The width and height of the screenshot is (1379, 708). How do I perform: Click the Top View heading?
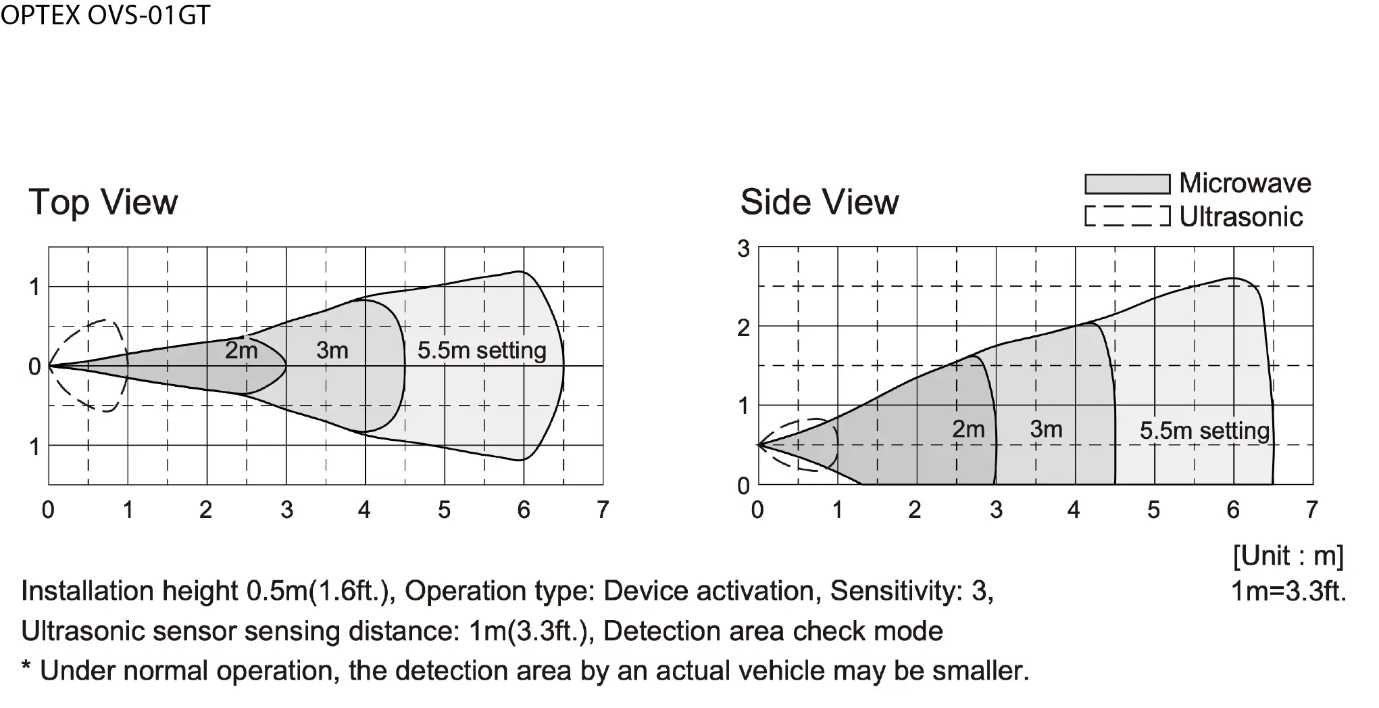pos(103,203)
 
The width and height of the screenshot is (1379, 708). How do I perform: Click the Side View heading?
pos(820,202)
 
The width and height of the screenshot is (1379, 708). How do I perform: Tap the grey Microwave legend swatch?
pos(1127,184)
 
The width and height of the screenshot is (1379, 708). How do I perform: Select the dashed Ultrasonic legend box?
pos(1127,216)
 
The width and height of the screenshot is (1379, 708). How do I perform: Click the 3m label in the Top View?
pos(332,350)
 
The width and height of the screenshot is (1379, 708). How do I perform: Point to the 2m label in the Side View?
pos(968,429)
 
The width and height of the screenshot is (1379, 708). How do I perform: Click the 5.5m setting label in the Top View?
pos(482,350)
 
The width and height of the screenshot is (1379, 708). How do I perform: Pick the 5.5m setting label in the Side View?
pos(1205,431)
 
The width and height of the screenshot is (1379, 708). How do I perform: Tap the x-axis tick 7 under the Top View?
pos(603,510)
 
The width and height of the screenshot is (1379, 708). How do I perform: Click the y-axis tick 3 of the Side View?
pos(743,249)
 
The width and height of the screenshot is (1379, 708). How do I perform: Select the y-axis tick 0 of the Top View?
pos(34,367)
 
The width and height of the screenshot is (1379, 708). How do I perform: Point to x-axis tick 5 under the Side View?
pos(1153,510)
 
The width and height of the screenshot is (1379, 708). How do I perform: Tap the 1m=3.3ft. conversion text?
pos(1288,591)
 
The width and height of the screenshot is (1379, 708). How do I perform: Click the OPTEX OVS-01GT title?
pos(105,15)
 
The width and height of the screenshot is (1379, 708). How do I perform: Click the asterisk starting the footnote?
pos(26,667)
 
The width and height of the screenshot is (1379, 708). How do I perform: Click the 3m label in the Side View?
pos(1047,429)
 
